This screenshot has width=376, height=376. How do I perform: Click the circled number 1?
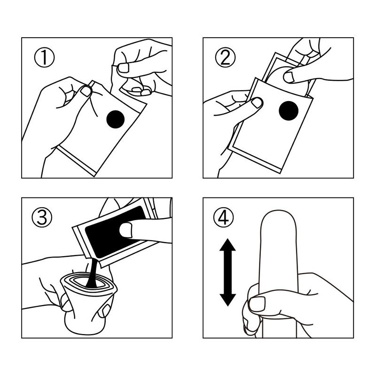point(44,57)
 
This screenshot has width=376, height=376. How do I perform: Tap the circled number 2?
point(225,57)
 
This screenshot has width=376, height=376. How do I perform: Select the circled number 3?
point(42,218)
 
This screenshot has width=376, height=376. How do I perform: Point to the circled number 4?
point(224,218)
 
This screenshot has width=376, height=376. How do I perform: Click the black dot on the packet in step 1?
point(115,119)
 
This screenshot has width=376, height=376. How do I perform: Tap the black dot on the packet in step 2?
point(289,111)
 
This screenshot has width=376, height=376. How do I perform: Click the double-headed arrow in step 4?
point(227,272)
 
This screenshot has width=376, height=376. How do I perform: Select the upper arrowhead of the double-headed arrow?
point(227,244)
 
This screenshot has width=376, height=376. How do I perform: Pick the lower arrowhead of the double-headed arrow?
point(227,300)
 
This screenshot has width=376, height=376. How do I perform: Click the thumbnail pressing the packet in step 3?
point(126,230)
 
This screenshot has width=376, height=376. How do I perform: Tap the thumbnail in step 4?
point(257,304)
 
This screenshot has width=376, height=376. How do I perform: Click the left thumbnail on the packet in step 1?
point(86,91)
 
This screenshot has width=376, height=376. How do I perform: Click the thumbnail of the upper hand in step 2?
point(289,77)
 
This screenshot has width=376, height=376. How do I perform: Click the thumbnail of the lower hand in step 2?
point(257,102)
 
